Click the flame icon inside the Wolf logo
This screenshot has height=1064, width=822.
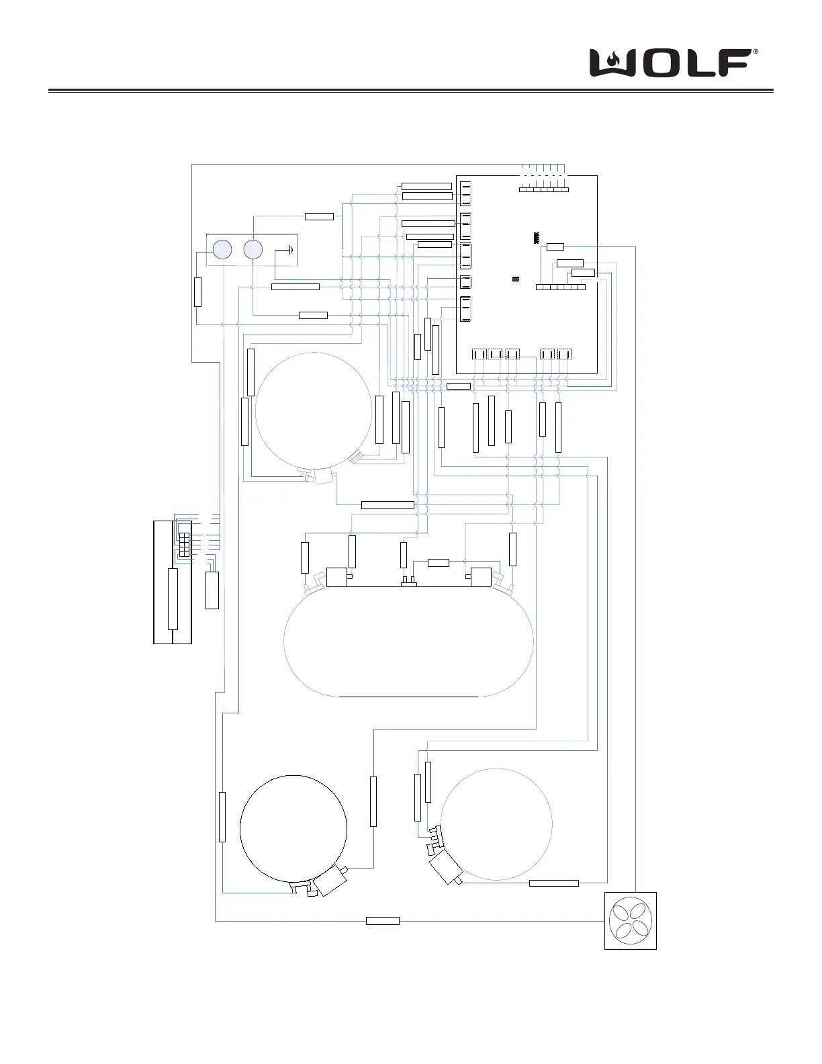(612, 61)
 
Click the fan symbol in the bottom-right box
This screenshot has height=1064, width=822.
(630, 920)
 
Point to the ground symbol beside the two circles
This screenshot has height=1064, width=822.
(288, 251)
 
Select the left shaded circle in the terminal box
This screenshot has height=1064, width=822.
(222, 250)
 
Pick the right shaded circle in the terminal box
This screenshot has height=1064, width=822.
(253, 250)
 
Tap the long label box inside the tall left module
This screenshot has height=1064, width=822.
(173, 598)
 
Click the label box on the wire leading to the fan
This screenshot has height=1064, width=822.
(382, 920)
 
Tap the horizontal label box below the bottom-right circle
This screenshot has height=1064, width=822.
(553, 883)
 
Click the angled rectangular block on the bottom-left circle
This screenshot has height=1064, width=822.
(329, 882)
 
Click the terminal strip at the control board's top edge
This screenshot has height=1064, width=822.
(544, 189)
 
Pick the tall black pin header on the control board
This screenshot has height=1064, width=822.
(537, 238)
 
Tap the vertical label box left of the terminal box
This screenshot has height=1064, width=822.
(197, 292)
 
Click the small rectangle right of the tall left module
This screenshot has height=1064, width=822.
(212, 590)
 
